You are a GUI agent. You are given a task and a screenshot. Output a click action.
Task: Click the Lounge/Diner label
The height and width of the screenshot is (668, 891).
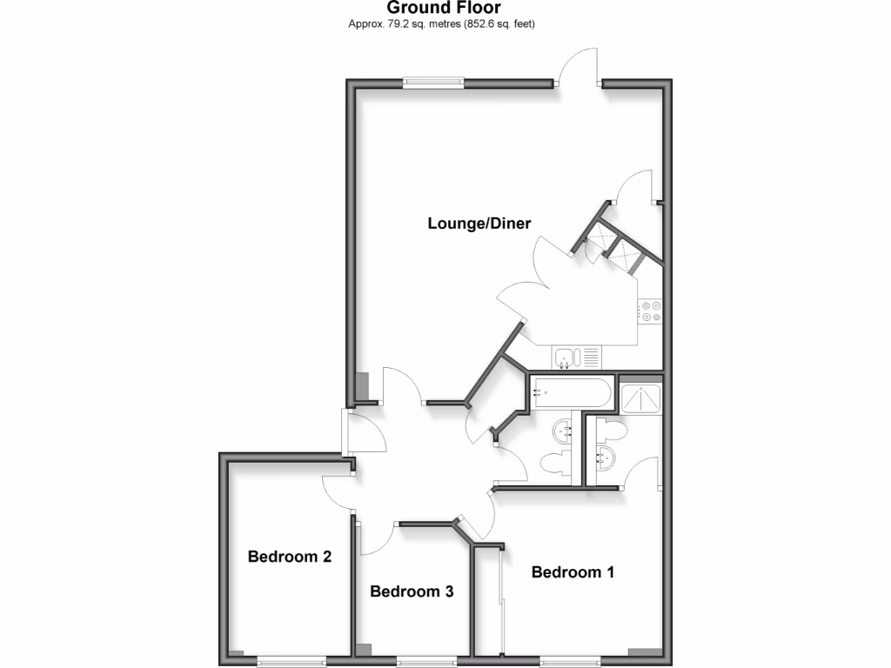pos(479,224)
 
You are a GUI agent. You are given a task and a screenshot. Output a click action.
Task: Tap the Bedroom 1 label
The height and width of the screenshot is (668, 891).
pos(573,572)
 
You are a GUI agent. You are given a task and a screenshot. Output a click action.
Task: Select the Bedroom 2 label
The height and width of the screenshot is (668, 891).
pos(290,557)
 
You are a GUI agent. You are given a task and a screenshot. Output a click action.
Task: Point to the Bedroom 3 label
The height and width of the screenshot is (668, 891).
pos(412,591)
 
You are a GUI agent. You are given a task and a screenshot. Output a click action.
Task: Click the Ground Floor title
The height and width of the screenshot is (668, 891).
pos(444,9)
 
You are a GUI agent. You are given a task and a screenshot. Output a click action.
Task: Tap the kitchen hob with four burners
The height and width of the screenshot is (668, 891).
pos(649,311)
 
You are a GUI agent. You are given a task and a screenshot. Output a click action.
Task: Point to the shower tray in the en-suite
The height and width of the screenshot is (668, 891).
pos(641,398)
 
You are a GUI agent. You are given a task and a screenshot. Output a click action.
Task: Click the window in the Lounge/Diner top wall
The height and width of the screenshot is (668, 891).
pos(432,83)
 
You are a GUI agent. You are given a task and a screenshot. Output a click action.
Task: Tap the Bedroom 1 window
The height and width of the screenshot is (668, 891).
pos(566,660)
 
